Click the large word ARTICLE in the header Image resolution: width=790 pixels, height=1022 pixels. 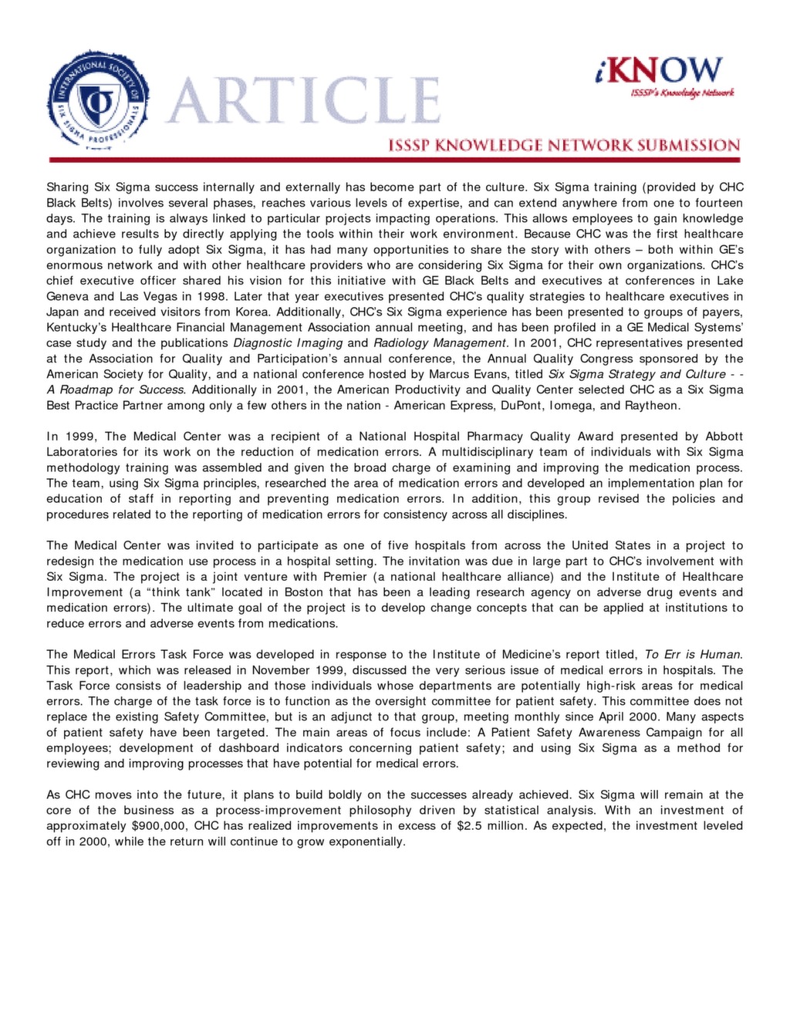pyautogui.click(x=302, y=101)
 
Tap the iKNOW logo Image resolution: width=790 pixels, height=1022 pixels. pyautogui.click(x=661, y=74)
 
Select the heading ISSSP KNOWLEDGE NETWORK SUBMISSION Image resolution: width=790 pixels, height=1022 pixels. pyautogui.click(x=564, y=145)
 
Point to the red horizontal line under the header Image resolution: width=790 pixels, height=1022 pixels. pyautogui.click(x=394, y=160)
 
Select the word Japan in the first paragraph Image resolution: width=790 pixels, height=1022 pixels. pyautogui.click(x=62, y=312)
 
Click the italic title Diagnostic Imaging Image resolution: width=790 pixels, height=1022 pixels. pyautogui.click(x=288, y=342)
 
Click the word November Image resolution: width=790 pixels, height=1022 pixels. pyautogui.click(x=281, y=670)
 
